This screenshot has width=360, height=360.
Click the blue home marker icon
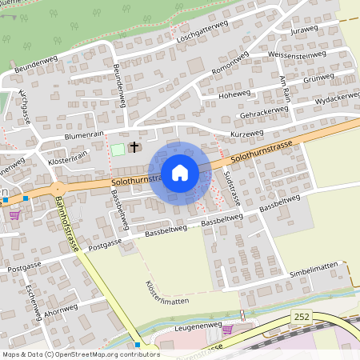180,172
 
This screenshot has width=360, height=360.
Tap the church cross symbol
134,147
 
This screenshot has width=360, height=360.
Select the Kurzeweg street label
246,133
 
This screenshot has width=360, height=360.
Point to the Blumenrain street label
83,136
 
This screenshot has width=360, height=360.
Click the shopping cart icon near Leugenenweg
227,329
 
